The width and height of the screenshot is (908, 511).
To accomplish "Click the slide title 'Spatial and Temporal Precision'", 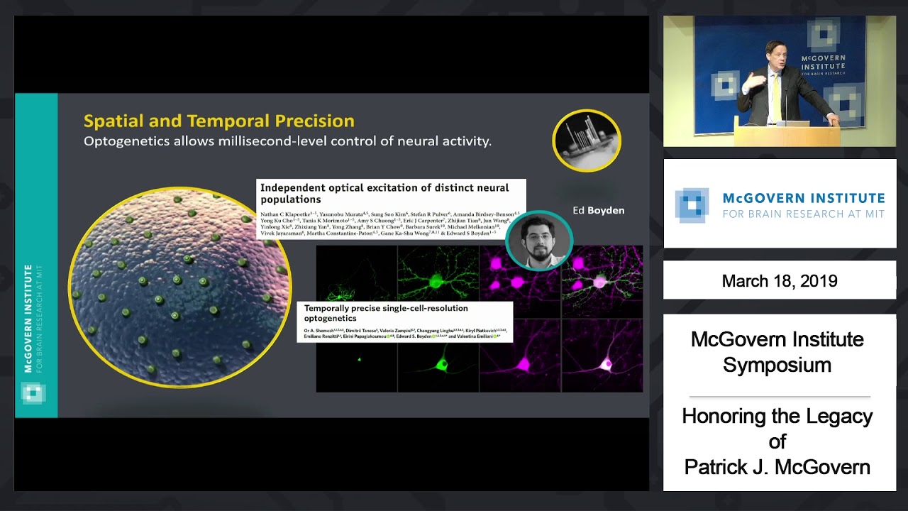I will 218,121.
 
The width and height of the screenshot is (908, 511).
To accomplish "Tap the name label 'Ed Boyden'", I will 598,210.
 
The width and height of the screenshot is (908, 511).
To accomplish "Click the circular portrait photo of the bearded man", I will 539,241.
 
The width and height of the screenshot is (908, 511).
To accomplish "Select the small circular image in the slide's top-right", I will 587,141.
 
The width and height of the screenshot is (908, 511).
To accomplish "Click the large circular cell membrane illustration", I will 179,287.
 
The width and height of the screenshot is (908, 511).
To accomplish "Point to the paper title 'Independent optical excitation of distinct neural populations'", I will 384,193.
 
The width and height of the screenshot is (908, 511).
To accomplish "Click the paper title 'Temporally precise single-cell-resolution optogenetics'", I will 386,313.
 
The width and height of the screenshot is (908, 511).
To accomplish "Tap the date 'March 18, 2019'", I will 779,280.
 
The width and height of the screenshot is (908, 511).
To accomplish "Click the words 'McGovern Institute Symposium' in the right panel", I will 777,352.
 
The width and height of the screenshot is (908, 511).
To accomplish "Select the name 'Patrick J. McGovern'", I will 777,467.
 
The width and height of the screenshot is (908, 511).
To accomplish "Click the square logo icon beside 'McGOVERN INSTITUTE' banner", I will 692,204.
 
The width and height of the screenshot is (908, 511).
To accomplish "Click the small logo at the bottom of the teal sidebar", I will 33,392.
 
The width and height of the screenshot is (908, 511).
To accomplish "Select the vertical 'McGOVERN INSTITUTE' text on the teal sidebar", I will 28,318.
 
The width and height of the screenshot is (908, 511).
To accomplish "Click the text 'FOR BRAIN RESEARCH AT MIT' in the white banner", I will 803,214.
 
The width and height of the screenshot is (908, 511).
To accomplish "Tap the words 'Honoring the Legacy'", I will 777,416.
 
